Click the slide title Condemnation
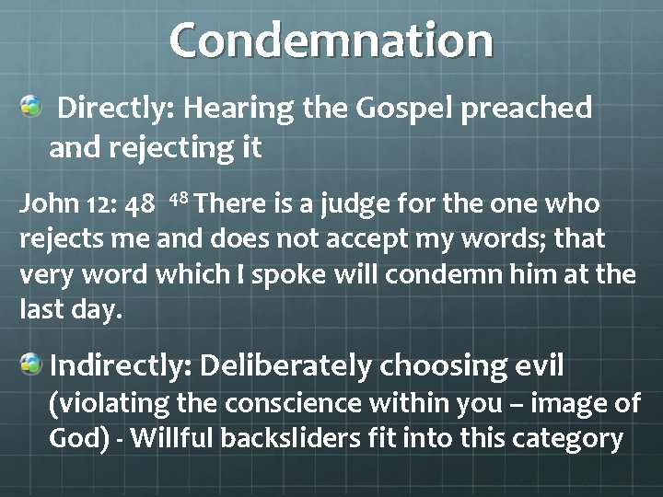point(331,40)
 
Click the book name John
point(43,203)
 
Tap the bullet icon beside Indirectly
point(31,365)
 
